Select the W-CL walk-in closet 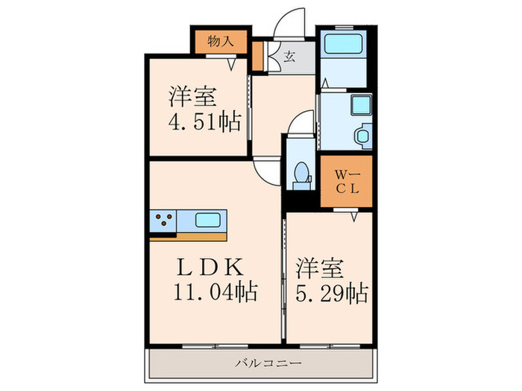click(x=346, y=181)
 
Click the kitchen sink click(x=208, y=220)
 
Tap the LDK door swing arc click(x=267, y=173)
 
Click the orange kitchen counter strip click(x=188, y=237)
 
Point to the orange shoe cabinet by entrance click(x=257, y=56)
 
